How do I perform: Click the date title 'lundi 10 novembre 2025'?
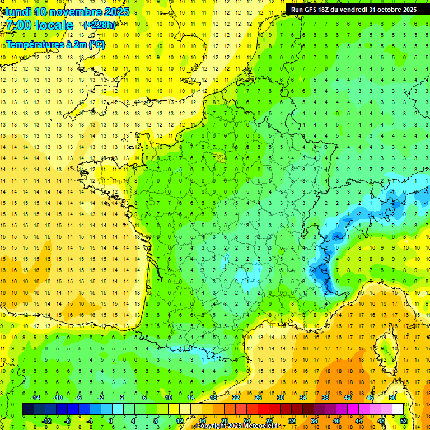coord(67,12)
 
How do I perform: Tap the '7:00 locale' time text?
coord(39,25)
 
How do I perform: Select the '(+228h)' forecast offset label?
coord(99,25)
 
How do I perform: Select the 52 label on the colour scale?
coord(404,421)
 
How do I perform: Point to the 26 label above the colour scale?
coord(258,398)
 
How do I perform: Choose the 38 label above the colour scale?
coord(325,398)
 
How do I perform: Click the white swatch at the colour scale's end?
coord(398,409)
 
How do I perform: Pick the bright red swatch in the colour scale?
coord(264,409)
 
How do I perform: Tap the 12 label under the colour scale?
coord(180,421)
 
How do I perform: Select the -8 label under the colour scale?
coord(68,421)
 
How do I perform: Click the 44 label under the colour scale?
coord(359,421)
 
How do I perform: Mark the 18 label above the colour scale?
coord(213,398)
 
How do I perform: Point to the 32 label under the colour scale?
coord(292,421)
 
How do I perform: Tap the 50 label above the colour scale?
coord(392,398)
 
